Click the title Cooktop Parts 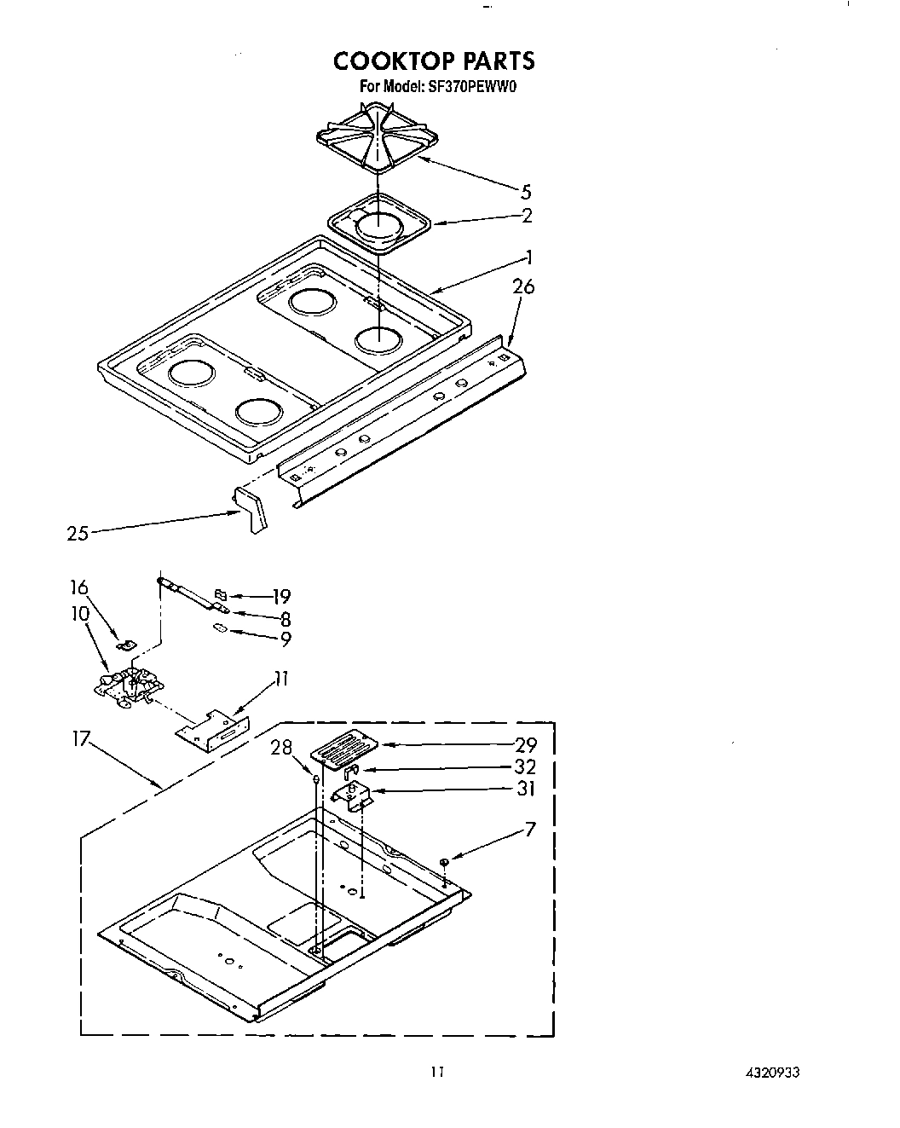point(434,61)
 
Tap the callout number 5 point(526,192)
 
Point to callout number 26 point(523,286)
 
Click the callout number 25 point(78,535)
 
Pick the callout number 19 point(281,596)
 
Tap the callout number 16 point(79,587)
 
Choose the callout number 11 point(280,679)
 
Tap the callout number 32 point(526,766)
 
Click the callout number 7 point(530,828)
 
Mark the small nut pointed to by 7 point(444,864)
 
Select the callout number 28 point(282,748)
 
